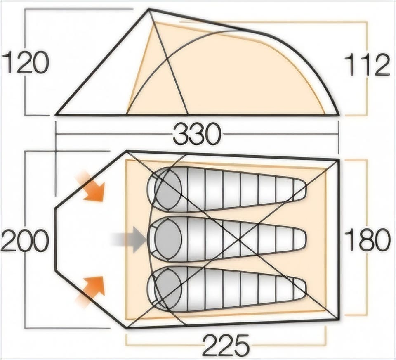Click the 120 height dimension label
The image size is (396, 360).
tap(25, 62)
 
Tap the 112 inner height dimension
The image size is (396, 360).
tap(368, 65)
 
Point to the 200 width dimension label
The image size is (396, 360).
tap(25, 240)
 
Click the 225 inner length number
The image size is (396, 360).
tap(226, 345)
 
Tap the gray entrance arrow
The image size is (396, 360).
tap(129, 240)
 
